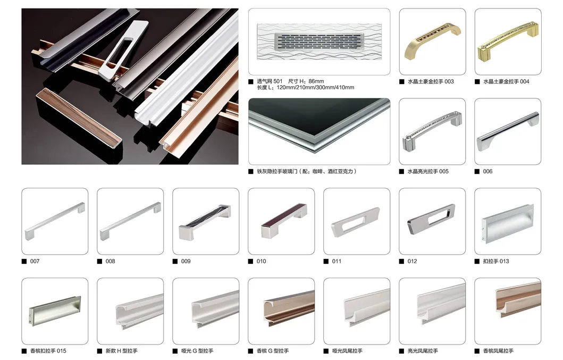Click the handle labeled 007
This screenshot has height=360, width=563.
[55, 220]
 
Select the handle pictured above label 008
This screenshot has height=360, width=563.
[130, 220]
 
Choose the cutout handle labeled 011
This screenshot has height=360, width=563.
[356, 222]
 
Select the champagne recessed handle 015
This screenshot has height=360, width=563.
[55, 312]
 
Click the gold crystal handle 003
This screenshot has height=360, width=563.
[432, 42]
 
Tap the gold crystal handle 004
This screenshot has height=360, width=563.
[507, 43]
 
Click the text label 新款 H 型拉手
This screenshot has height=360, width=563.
[122, 351]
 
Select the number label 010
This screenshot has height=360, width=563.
[261, 261]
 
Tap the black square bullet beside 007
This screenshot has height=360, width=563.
[24, 261]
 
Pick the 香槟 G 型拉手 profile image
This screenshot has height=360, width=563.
[281, 312]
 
